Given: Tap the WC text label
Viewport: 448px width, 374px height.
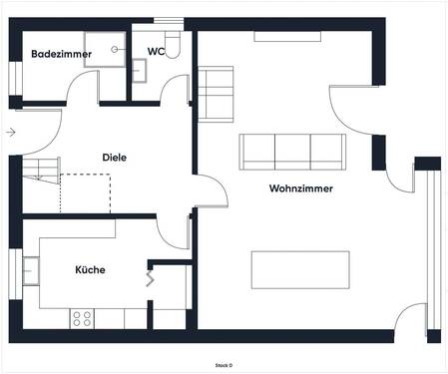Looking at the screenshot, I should [x=157, y=51].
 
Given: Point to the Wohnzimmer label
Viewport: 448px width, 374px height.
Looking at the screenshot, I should [x=301, y=188].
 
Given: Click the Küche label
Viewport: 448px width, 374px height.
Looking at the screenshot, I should [x=90, y=269].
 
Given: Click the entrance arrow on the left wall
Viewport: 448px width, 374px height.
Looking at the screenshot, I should [x=10, y=132].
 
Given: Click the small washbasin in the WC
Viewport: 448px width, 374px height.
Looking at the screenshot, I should [x=140, y=68].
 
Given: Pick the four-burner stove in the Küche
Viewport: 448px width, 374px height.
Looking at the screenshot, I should [x=82, y=318].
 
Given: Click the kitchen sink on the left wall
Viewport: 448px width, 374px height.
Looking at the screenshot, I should [x=31, y=270].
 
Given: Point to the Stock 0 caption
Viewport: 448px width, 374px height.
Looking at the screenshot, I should [x=224, y=365].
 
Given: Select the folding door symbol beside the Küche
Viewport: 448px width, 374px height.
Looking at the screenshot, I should [x=152, y=278].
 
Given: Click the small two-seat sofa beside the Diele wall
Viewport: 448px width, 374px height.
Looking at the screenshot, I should [x=216, y=92].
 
